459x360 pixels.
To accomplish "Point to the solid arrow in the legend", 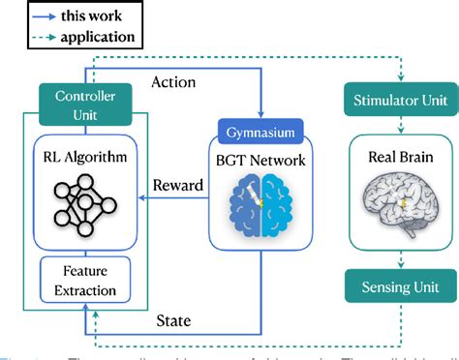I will coord(32,16).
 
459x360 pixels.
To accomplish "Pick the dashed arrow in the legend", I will coord(32,39).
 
